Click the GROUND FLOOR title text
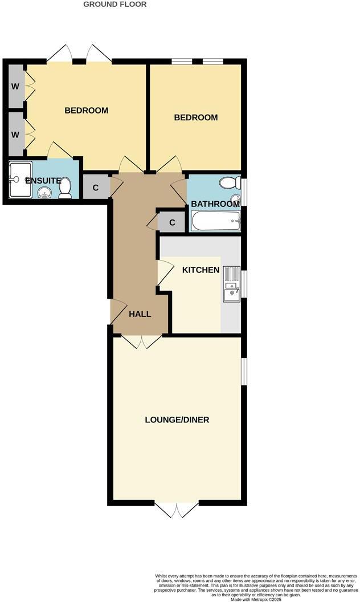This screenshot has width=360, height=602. coord(115,5)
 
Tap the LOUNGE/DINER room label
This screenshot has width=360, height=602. coord(177,420)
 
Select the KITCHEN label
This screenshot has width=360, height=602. coord(201,270)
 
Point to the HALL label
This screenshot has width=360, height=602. coord(140,314)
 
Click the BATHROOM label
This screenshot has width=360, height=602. coord(215,204)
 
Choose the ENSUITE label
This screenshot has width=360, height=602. coord(43,181)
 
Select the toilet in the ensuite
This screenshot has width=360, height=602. coord(65,187)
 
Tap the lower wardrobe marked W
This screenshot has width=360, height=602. coord(16,135)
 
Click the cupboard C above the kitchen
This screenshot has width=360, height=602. coord(171,222)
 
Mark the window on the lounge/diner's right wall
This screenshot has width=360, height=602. coord(243,372)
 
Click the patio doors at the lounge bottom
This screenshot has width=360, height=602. coord(177,509)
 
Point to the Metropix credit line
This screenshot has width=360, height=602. coord(258,599)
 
